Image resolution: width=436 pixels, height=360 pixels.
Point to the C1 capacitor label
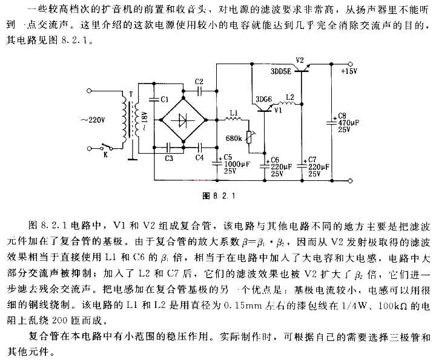(164, 99)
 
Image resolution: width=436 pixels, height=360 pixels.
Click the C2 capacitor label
(200, 81)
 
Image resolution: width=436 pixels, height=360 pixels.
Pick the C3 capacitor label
(169, 159)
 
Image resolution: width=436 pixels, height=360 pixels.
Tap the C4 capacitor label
(200, 159)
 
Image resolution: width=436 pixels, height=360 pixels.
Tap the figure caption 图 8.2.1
(219, 195)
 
